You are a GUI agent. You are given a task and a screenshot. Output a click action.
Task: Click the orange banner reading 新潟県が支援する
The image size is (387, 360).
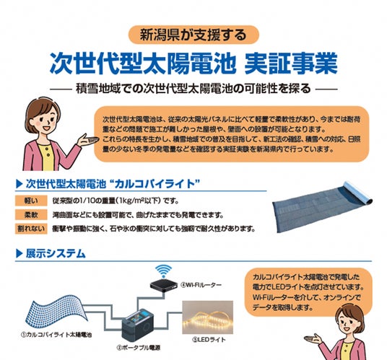[193, 35]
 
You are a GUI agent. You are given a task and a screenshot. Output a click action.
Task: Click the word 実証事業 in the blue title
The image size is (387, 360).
[291, 64]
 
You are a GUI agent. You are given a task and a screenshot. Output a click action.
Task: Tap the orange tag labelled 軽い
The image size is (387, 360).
[31, 201]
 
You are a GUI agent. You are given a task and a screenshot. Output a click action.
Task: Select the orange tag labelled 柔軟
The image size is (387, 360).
[31, 215]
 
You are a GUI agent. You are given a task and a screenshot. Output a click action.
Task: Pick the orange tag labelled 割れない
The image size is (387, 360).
[31, 229]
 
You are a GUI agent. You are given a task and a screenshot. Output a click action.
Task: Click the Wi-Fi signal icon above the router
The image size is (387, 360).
[163, 271]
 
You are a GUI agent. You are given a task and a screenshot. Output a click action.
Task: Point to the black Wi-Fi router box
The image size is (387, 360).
[164, 285]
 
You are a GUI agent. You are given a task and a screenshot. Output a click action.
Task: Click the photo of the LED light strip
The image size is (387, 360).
[207, 317]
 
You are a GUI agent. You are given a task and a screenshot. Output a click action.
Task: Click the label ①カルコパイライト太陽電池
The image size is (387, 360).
[56, 335]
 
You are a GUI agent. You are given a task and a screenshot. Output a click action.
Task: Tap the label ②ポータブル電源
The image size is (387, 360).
[138, 348]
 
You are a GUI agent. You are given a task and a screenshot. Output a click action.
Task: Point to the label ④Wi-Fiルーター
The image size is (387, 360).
[201, 285]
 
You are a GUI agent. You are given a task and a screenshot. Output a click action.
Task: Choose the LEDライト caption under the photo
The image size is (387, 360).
[209, 340]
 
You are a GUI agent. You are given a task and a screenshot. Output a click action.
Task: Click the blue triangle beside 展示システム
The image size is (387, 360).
[19, 253]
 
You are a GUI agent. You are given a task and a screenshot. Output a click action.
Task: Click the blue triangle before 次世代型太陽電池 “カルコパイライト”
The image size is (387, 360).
[19, 184]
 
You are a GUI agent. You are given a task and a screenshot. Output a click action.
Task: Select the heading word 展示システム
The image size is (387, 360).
[56, 253]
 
